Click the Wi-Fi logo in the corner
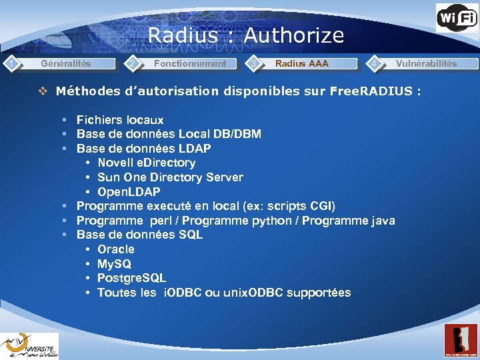click(457, 18)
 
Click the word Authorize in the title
click(293, 35)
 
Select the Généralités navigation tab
click(66, 64)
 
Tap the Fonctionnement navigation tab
click(190, 64)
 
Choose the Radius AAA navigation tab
click(302, 64)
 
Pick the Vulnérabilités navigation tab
click(426, 64)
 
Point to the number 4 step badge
click(376, 64)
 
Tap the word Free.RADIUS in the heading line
click(371, 91)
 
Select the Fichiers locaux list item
click(120, 120)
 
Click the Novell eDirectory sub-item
click(146, 163)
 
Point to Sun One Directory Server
click(170, 177)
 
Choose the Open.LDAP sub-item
click(129, 192)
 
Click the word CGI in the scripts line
click(321, 206)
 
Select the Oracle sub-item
click(115, 249)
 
